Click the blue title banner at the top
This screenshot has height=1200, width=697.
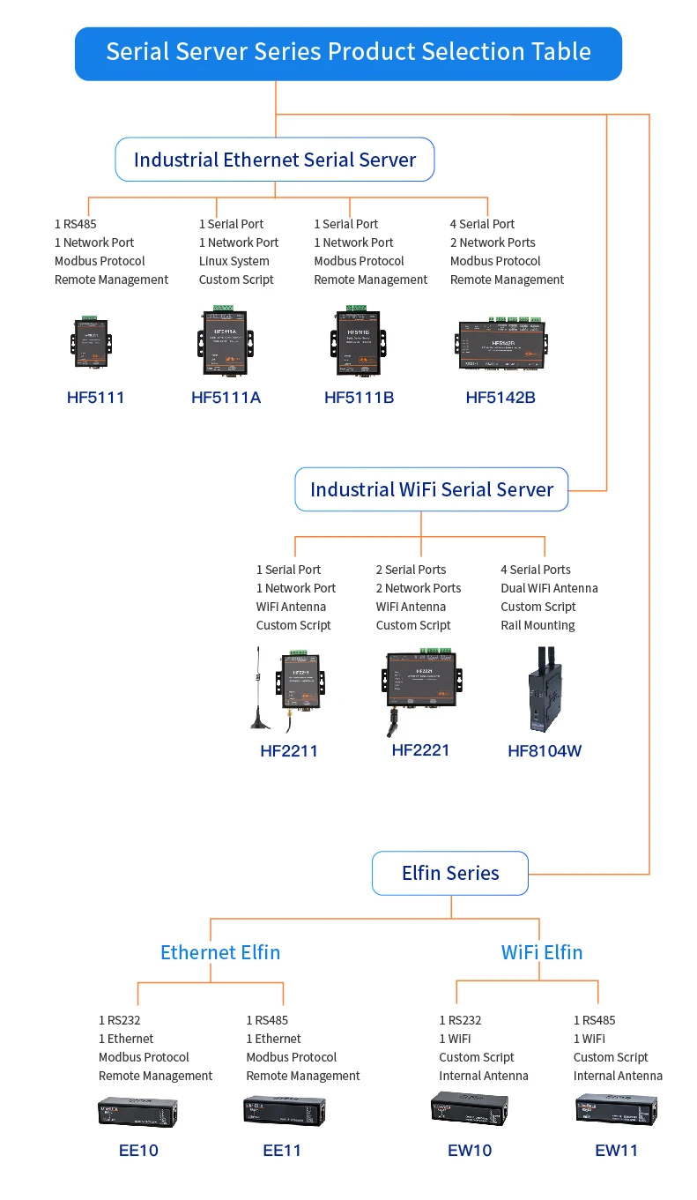coord(348,53)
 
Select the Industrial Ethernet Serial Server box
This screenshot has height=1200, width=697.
coord(274,160)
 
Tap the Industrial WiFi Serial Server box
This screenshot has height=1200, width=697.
coord(431,489)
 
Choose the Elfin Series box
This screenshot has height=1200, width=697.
coord(449,873)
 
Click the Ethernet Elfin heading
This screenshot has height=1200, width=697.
coord(220,952)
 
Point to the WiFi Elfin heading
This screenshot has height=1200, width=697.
coord(542,952)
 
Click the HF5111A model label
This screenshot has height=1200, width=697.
coord(226,398)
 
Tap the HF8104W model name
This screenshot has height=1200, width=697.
coord(545,751)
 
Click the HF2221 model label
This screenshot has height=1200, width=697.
coord(420,750)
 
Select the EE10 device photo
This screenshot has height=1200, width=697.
coord(139,1112)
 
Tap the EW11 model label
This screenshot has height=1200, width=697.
coord(616,1151)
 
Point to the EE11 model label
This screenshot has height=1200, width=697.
coord(282,1151)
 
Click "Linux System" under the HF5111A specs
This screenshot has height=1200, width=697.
coord(234,261)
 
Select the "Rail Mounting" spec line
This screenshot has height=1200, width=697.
coord(538,625)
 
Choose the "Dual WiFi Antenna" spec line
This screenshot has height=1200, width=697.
coord(549,588)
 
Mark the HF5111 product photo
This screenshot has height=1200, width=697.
coord(92,342)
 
